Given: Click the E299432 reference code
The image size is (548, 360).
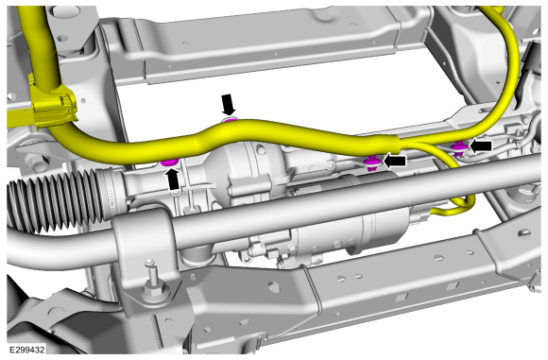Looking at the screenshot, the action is click(26, 350).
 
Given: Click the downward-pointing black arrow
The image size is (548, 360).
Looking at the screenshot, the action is click(229, 104).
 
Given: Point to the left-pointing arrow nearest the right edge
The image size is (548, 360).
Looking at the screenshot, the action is click(481, 146).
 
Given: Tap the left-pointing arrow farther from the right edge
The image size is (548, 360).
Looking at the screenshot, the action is click(395, 161).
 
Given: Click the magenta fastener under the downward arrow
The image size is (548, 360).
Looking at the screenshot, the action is click(230, 120).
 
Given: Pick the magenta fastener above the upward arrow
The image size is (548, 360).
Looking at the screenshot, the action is click(169, 162).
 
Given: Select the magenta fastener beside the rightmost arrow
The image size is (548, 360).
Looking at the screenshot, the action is click(458, 148).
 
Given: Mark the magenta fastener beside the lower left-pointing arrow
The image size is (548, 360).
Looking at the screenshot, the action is click(372, 163).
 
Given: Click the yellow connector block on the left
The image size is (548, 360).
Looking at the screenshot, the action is click(52, 107).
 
